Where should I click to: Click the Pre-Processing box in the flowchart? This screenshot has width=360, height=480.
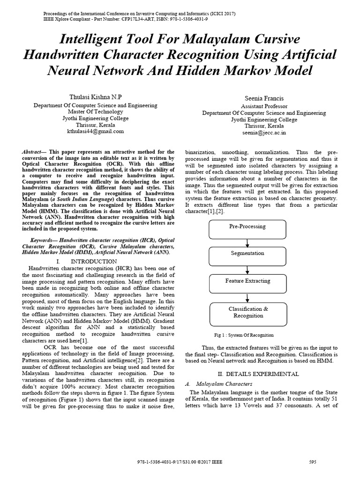pos(247,227)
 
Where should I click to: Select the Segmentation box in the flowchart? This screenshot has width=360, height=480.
pos(247,254)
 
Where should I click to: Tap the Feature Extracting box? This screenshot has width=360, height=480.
pos(247,281)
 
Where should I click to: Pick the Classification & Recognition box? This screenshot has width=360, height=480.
pos(248,312)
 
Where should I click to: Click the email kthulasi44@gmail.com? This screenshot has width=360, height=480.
pos(95,132)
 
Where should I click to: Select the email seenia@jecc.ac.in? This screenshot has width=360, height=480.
pos(264,133)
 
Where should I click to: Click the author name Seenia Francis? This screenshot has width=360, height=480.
pos(264,98)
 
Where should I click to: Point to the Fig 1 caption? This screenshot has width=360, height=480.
pos(243,335)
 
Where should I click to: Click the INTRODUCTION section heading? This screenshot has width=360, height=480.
pos(93,261)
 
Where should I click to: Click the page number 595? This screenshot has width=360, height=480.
pos(313,462)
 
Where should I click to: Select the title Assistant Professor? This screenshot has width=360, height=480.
pos(264,106)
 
